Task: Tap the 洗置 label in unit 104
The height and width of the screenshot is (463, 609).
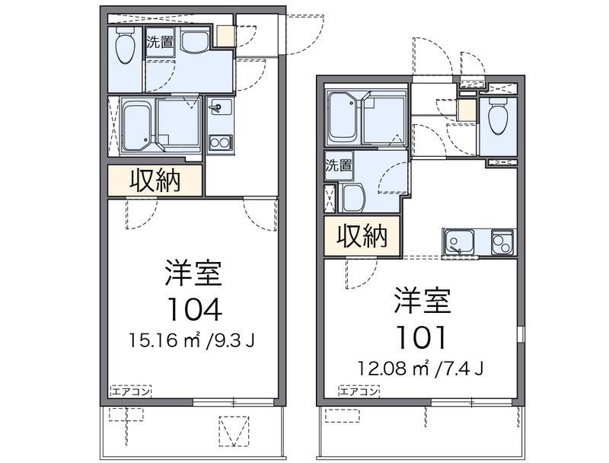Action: point(160,42)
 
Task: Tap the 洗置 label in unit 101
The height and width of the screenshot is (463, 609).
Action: point(339,165)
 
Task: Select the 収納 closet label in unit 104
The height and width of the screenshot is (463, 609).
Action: point(155,180)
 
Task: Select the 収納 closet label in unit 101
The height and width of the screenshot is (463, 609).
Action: point(362,236)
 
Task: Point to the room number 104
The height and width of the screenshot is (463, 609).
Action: point(194,310)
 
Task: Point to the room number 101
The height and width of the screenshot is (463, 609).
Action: point(421,337)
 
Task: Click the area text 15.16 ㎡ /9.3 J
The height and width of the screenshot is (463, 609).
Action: point(192,340)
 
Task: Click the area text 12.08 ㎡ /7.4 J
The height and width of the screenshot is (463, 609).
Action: point(421,368)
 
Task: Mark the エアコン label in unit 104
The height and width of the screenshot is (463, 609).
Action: point(131,391)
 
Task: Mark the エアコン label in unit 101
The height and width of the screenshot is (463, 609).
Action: point(359,391)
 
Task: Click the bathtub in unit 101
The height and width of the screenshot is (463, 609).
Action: point(344,117)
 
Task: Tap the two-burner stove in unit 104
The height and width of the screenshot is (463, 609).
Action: point(220,142)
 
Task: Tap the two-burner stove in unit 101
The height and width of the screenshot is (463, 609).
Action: point(502,242)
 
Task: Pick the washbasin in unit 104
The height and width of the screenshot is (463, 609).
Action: point(195,42)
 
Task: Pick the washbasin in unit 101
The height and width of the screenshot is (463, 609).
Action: point(352,197)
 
